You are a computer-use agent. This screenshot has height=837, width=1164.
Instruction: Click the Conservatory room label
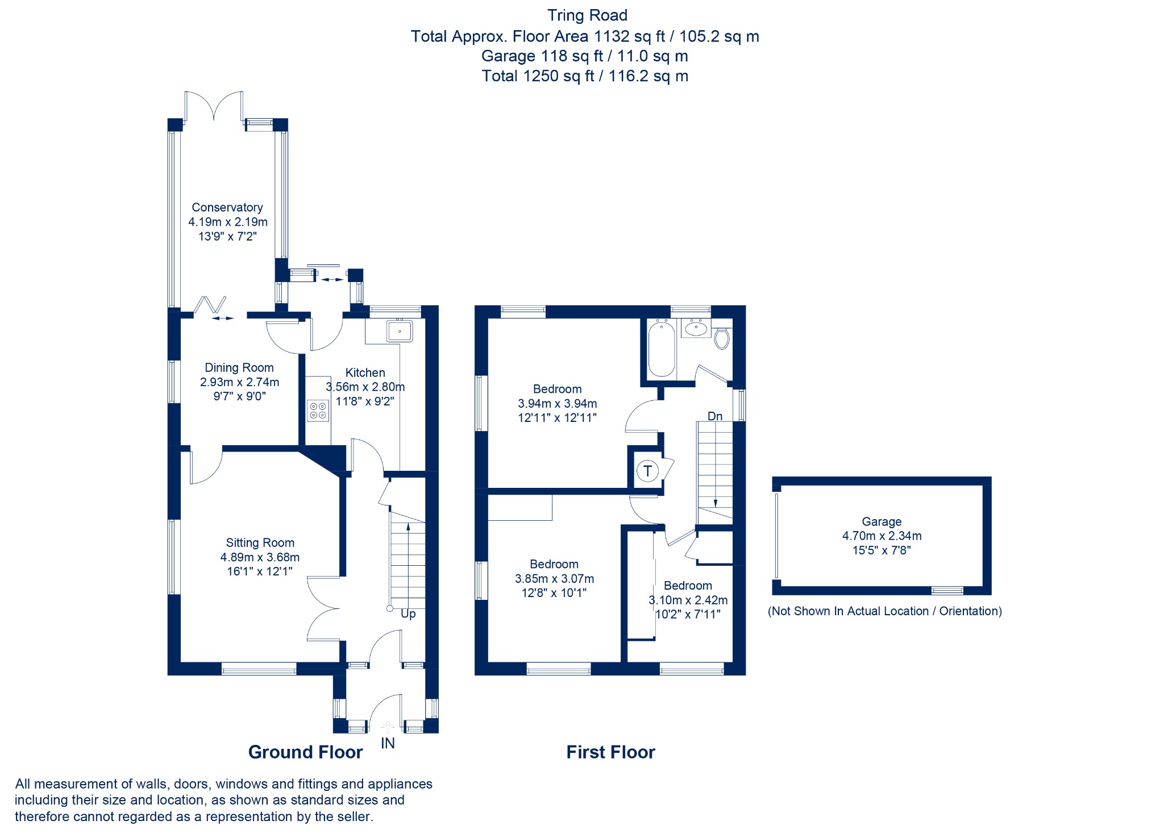pyautogui.click(x=227, y=208)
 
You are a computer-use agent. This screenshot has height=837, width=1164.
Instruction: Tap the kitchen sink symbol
pyautogui.click(x=400, y=330)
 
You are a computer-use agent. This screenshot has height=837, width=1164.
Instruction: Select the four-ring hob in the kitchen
pyautogui.click(x=318, y=411)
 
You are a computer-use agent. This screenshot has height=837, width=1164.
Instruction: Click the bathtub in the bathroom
pyautogui.click(x=662, y=349)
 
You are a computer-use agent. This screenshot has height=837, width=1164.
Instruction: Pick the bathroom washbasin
pyautogui.click(x=696, y=328)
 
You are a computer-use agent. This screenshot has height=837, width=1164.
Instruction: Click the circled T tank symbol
pyautogui.click(x=647, y=471)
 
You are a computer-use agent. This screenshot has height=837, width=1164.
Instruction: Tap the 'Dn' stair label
pyautogui.click(x=715, y=416)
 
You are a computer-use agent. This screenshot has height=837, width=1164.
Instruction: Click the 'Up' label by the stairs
pyautogui.click(x=408, y=614)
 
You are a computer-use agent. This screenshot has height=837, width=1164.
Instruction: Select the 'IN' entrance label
pyautogui.click(x=388, y=743)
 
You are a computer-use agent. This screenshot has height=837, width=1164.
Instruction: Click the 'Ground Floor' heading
pyautogui.click(x=305, y=752)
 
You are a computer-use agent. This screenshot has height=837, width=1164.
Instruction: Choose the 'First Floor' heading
pyautogui.click(x=610, y=752)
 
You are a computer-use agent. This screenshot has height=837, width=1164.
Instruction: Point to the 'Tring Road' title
pyautogui.click(x=587, y=15)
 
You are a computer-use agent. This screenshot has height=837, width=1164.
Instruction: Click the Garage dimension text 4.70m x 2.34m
pyautogui.click(x=882, y=536)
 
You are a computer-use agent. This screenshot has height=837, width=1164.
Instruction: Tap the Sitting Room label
pyautogui.click(x=260, y=543)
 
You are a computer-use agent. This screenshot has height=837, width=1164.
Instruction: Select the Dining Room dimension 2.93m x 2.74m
pyautogui.click(x=239, y=382)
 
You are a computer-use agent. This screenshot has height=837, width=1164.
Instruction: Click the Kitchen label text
pyautogui.click(x=365, y=372)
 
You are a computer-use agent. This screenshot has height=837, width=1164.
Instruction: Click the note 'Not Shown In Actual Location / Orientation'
pyautogui.click(x=884, y=611)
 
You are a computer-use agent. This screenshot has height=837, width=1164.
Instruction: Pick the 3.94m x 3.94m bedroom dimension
pyautogui.click(x=557, y=404)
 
